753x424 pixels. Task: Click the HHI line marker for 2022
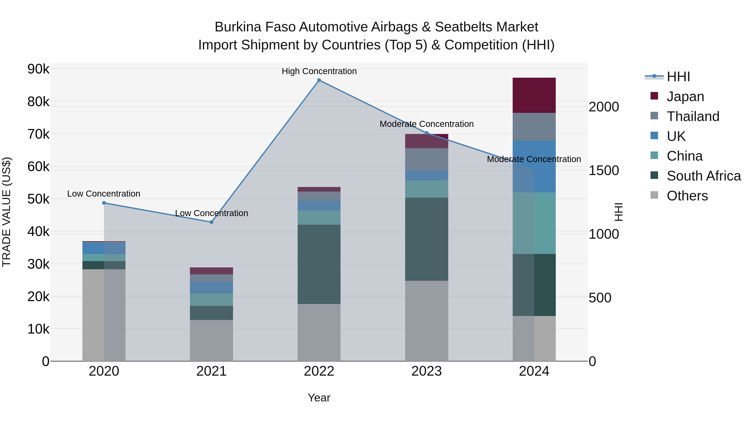coord(319,80)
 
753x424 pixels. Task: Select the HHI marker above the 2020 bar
coord(104,203)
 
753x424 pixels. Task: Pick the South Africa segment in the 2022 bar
coord(319,264)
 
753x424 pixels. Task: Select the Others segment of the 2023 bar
coord(426,321)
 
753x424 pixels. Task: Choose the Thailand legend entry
coord(693,116)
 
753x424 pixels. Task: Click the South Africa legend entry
coord(704,176)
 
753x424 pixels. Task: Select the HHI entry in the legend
coord(678,77)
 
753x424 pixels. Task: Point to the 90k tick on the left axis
coord(38,69)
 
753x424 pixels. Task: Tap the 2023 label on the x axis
coord(426,371)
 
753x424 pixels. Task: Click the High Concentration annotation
coord(319,71)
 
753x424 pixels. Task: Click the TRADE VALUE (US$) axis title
coord(6,212)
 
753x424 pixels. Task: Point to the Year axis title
coord(319,398)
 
